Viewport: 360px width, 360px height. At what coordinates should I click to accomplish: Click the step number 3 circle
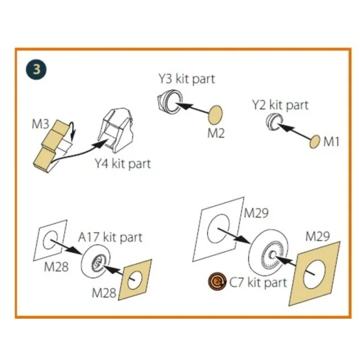click(x=36, y=69)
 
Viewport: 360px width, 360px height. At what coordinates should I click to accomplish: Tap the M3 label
click(x=41, y=124)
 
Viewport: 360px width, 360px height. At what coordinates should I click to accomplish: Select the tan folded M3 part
click(x=50, y=145)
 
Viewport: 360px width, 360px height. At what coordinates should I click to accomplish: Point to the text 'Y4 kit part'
click(x=123, y=164)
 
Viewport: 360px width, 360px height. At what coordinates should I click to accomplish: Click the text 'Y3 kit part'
click(x=187, y=79)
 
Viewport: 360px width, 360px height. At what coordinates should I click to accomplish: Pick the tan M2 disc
click(x=215, y=115)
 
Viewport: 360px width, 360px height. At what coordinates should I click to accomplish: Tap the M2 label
click(x=216, y=133)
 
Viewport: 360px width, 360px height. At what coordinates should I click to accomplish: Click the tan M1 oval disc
click(x=315, y=141)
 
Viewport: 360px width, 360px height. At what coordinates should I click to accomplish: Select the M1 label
click(x=331, y=141)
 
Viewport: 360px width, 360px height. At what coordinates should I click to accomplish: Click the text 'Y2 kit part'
click(x=280, y=105)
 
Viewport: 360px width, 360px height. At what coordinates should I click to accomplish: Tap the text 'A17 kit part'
click(x=110, y=237)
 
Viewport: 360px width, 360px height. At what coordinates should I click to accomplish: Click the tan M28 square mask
click(x=135, y=280)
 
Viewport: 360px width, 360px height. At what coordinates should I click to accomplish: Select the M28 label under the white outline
click(x=56, y=267)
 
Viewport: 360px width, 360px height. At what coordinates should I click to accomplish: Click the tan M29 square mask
click(x=314, y=273)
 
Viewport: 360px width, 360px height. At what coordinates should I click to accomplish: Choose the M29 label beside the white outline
click(x=256, y=213)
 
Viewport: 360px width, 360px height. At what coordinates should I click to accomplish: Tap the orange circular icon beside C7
click(x=216, y=281)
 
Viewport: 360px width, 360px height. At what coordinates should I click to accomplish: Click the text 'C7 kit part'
click(x=258, y=282)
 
